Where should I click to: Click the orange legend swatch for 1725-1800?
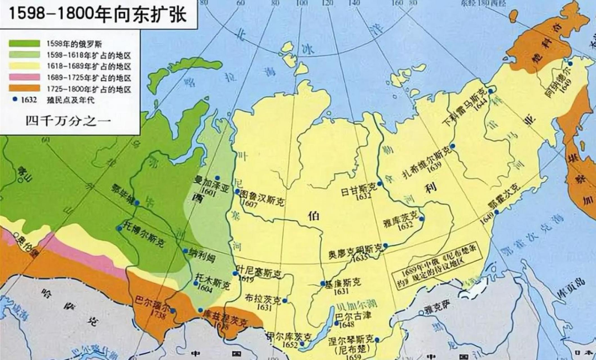pos(24,88)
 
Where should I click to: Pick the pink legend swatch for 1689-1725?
pos(24,77)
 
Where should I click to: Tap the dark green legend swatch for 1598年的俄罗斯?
pos(24,43)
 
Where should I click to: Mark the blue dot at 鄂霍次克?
pos(497,212)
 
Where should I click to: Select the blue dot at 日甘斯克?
pos(380,183)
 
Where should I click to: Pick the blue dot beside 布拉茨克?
pos(285,301)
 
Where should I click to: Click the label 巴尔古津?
pos(355,315)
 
